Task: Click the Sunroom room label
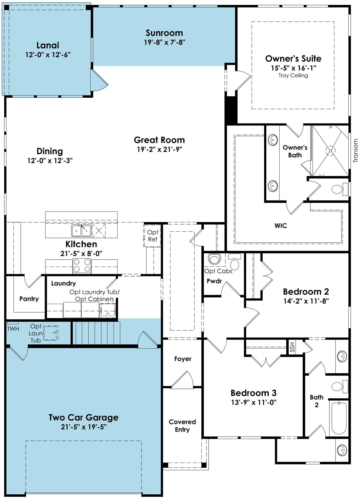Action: coord(164,33)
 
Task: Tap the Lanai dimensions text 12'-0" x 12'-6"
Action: coord(48,55)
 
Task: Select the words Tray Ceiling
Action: coord(293,75)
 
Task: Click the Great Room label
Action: coord(159,140)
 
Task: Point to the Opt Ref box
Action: coord(152,236)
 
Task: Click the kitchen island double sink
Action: coord(81,231)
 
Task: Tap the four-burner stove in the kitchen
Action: coord(82,266)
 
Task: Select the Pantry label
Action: coord(29,299)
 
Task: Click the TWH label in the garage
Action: coord(13,329)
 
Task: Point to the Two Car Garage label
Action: coord(83,417)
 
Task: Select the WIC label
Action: coord(281,226)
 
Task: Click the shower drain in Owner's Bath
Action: coord(330,151)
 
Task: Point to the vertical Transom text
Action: coord(355,150)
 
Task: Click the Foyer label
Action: coord(183,359)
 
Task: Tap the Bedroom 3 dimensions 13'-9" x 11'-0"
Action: coord(254,402)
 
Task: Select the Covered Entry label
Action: coord(182,425)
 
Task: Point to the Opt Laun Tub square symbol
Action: coord(51,333)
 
